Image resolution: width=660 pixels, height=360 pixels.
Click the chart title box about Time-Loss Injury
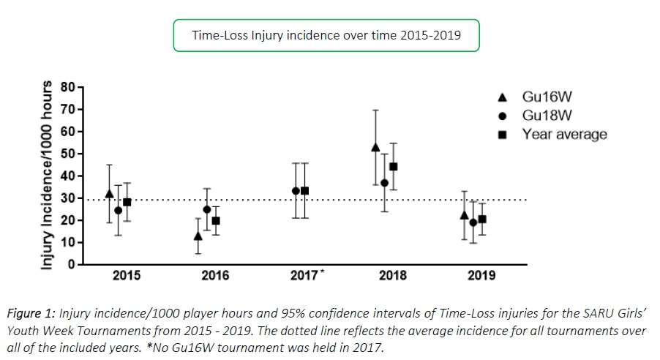pos(326,35)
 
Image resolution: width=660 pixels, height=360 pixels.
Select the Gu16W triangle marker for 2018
pos(375,147)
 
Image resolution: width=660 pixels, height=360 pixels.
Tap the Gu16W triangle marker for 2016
pos(198,236)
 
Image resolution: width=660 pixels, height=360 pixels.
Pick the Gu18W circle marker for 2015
pos(118,211)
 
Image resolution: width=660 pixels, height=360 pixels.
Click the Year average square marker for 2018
pos(393,167)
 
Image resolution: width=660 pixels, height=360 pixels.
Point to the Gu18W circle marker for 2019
pos(473,222)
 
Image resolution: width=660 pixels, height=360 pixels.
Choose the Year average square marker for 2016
pos(216,221)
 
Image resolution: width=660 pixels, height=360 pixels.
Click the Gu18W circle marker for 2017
pos(296,191)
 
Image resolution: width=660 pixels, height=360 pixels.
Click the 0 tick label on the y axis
pos(72,265)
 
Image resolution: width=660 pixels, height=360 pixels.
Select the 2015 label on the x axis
pos(127,276)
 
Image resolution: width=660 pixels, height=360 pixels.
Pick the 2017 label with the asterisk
pos(305,276)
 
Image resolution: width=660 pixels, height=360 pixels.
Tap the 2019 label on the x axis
pos(482,276)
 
